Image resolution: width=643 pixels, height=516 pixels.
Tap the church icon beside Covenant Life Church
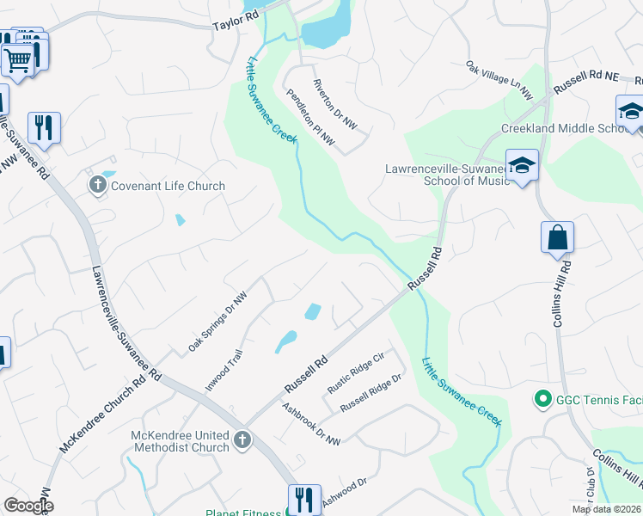pyautogui.click(x=97, y=185)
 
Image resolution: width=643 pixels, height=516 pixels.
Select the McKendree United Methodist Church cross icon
pyautogui.click(x=242, y=441)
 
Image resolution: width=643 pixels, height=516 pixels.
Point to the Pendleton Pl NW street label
pyautogui.click(x=309, y=118)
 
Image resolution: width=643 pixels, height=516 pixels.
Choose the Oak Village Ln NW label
pyautogui.click(x=499, y=78)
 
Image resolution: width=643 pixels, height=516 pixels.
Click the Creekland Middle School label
pyautogui.click(x=566, y=129)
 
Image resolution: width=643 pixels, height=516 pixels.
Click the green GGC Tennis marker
pyautogui.click(x=542, y=399)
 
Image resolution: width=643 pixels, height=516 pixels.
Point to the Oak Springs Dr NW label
pyautogui.click(x=217, y=321)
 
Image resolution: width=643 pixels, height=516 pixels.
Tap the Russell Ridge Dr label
pyautogui.click(x=370, y=392)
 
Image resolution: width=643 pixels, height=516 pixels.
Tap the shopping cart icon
pyautogui.click(x=17, y=60)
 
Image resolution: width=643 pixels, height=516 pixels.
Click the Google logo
pyautogui.click(x=28, y=506)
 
